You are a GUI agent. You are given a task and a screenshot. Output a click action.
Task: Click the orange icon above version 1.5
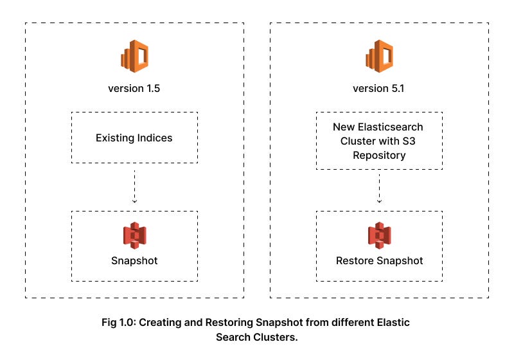[x=134, y=56]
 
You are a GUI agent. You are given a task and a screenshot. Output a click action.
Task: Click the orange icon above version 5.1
[x=379, y=56]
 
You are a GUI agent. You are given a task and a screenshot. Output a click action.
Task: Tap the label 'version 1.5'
[x=134, y=89]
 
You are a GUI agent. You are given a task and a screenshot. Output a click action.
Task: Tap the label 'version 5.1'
[x=379, y=89]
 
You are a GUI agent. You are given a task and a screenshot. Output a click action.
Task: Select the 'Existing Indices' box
[x=134, y=138]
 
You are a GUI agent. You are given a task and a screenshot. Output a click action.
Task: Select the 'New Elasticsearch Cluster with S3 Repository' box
[x=379, y=141]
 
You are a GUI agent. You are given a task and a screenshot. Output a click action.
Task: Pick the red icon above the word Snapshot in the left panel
[x=134, y=236]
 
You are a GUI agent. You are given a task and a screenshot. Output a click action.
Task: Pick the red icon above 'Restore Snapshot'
[x=379, y=236]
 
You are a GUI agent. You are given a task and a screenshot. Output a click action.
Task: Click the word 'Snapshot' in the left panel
[x=134, y=261]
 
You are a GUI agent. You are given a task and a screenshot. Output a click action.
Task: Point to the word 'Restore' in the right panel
[x=354, y=261]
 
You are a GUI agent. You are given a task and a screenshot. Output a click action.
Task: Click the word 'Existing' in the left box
[x=114, y=138]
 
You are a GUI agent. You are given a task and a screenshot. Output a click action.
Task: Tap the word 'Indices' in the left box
[x=155, y=138]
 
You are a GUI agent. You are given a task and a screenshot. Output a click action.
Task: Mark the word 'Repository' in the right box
[x=379, y=156]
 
